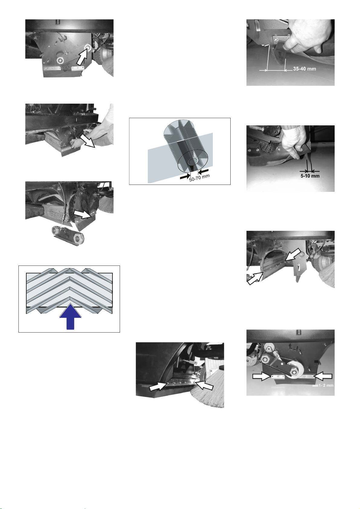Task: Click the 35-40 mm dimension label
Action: pos(304,69)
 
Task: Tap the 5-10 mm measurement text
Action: pos(310,176)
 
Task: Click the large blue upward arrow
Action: pos(70,316)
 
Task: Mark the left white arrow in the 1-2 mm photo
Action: pos(262,376)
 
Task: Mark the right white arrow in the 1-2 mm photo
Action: pos(323,376)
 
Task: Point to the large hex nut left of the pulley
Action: pos(267,359)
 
